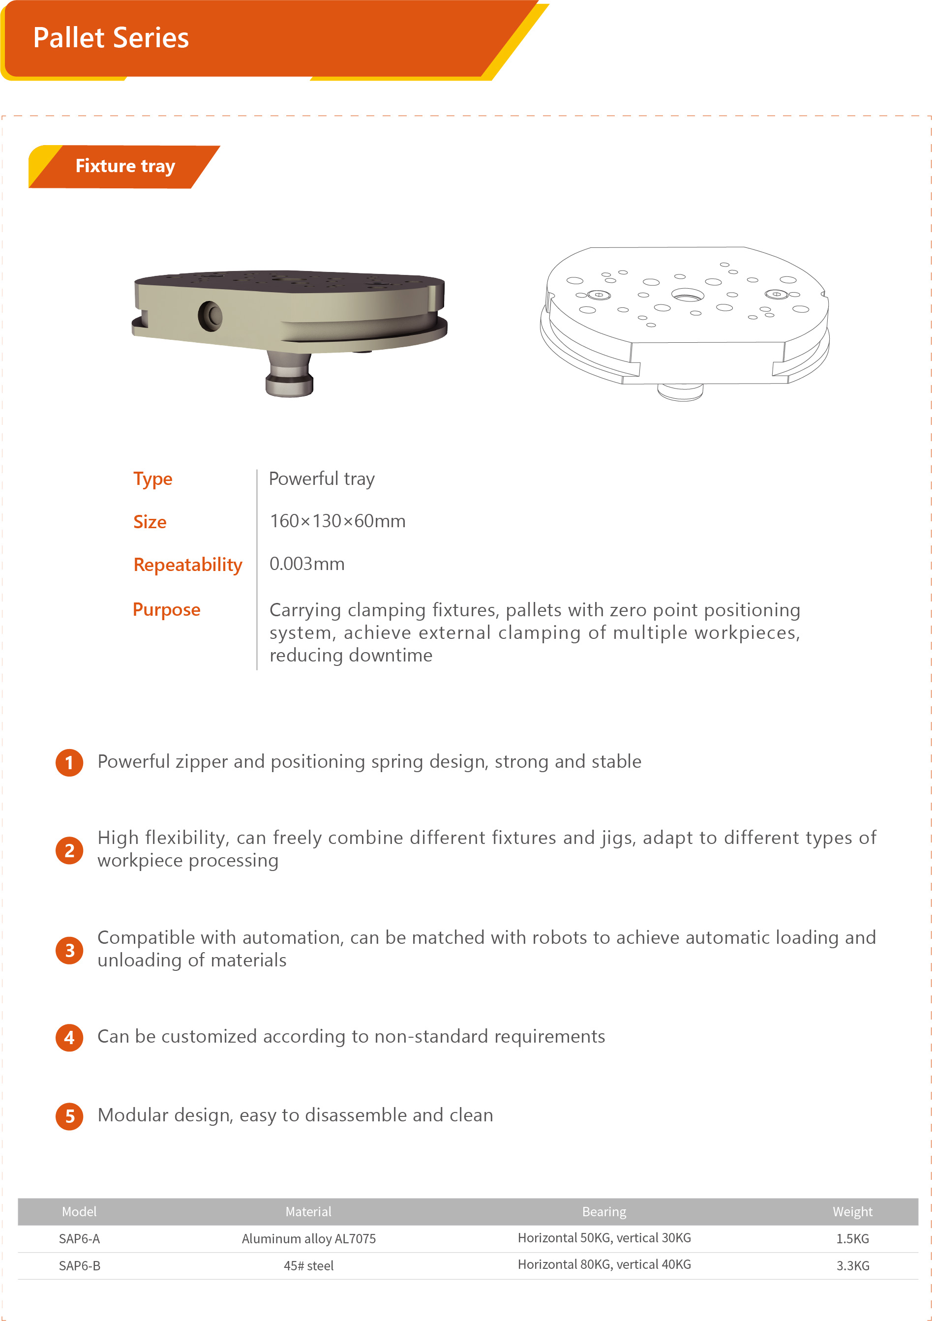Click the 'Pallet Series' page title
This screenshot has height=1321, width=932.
pos(111,38)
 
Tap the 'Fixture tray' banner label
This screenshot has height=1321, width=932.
pos(125,166)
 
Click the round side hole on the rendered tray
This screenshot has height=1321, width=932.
pos(210,315)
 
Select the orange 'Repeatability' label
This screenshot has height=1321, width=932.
pos(187,565)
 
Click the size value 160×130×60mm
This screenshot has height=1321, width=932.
pos(338,521)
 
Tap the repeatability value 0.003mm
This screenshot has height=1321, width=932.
pos(306,564)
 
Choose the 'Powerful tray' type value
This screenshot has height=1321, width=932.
pos(322,479)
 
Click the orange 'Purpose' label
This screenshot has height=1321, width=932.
pos(166,609)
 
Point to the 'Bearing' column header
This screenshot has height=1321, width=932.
pos(604,1212)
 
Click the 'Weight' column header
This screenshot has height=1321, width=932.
pos(852,1212)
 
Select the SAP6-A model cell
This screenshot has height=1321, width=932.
pos(79,1239)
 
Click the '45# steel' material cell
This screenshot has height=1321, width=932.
pos(308,1266)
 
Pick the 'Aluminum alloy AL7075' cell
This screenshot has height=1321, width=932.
pos(308,1239)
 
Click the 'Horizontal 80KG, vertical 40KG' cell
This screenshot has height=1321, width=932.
pos(604,1264)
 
